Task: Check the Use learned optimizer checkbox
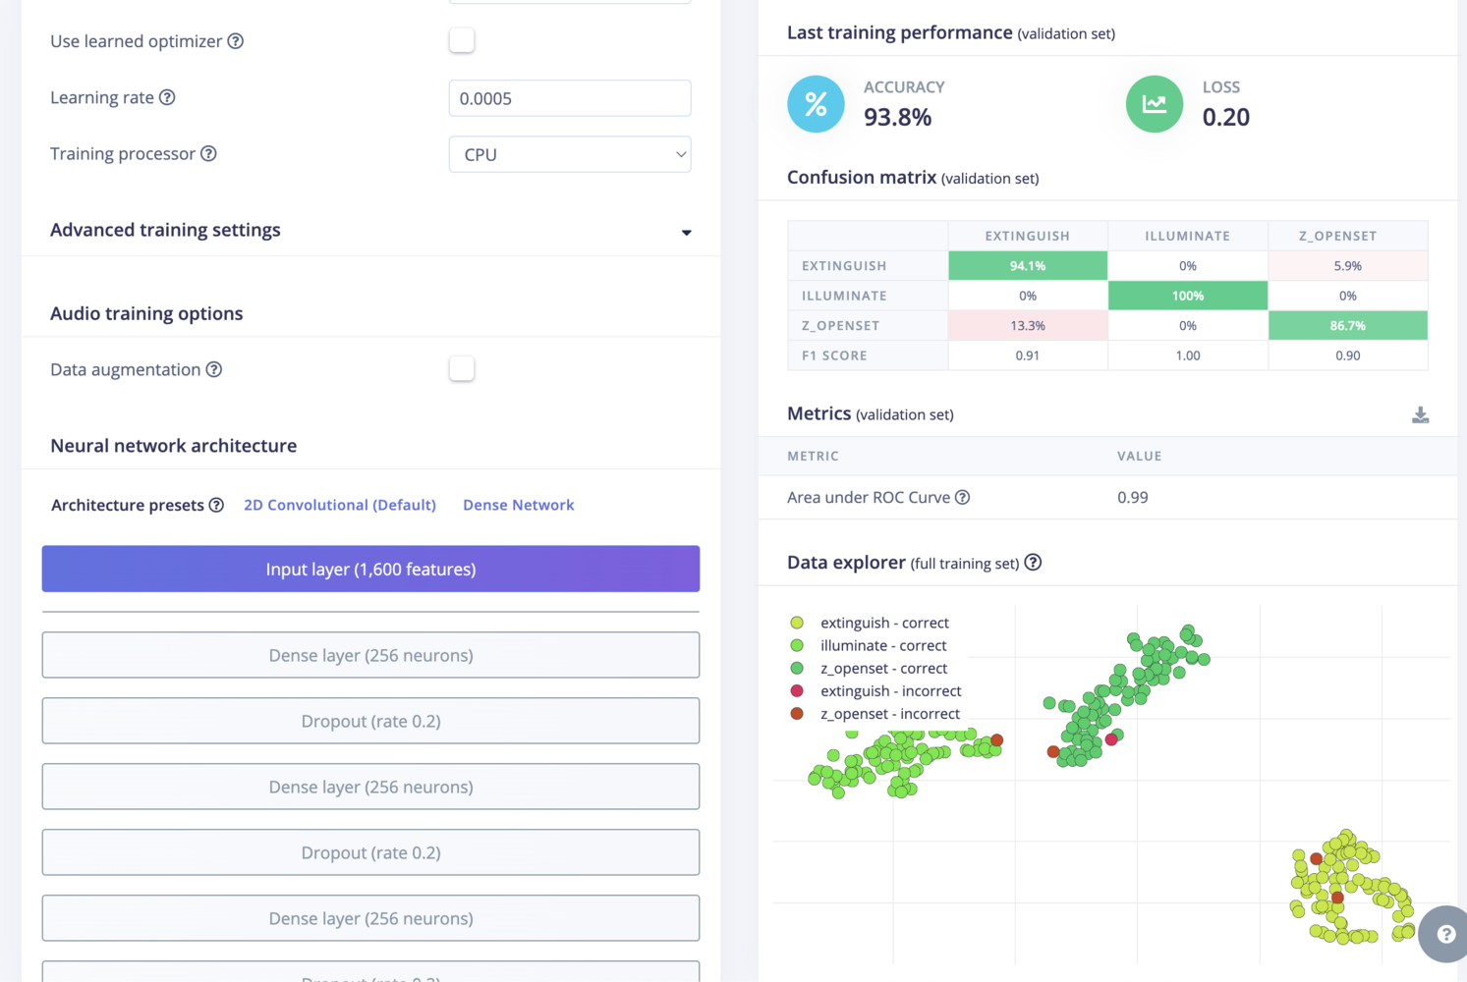pyautogui.click(x=461, y=40)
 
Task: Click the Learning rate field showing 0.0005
pyautogui.click(x=569, y=98)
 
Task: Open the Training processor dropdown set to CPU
pyautogui.click(x=569, y=154)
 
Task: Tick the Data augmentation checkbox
pyautogui.click(x=461, y=369)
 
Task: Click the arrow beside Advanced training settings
pyautogui.click(x=686, y=232)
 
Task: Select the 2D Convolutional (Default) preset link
pyautogui.click(x=340, y=505)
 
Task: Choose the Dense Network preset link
pyautogui.click(x=518, y=505)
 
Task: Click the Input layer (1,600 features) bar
pyautogui.click(x=370, y=569)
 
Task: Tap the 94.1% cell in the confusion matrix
pyautogui.click(x=1027, y=266)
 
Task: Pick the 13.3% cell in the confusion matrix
pyautogui.click(x=1027, y=326)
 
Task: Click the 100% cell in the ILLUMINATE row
pyautogui.click(x=1187, y=296)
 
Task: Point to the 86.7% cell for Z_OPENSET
pyautogui.click(x=1347, y=326)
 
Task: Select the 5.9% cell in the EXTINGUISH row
pyautogui.click(x=1347, y=266)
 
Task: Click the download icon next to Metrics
pyautogui.click(x=1420, y=415)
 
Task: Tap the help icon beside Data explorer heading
pyautogui.click(x=1033, y=563)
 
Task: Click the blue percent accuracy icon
pyautogui.click(x=816, y=104)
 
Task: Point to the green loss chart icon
pyautogui.click(x=1154, y=104)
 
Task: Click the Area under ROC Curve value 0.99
pyautogui.click(x=1132, y=498)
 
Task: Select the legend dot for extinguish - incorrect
pyautogui.click(x=797, y=691)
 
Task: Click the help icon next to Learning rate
pyautogui.click(x=167, y=97)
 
